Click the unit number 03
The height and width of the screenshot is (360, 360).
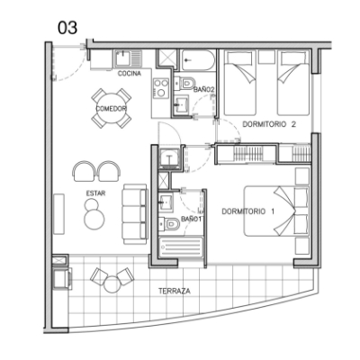(x=67, y=28)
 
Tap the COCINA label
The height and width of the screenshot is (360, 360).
(x=130, y=74)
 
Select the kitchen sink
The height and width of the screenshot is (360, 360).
(x=127, y=58)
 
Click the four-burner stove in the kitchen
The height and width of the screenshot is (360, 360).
(x=161, y=88)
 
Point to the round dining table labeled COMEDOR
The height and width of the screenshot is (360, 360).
(x=112, y=108)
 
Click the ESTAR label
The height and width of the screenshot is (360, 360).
(x=95, y=193)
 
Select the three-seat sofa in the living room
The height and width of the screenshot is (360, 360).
(x=135, y=214)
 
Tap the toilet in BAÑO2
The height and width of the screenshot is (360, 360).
(x=184, y=83)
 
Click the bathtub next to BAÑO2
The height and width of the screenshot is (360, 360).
(x=198, y=60)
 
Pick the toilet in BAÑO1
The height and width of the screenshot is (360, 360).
(x=168, y=224)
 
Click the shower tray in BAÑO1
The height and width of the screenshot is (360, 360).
(x=181, y=247)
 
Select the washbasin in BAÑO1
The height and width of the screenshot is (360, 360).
(x=166, y=202)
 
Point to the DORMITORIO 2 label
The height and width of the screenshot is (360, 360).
(x=269, y=124)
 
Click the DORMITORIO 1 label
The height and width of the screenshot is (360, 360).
(x=248, y=211)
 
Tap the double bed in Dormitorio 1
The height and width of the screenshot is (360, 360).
(x=276, y=211)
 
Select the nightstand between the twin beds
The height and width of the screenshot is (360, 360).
(x=266, y=57)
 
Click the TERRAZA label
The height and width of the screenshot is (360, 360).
(x=175, y=291)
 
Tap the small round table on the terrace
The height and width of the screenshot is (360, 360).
(x=112, y=284)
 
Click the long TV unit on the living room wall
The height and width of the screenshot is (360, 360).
(x=58, y=214)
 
